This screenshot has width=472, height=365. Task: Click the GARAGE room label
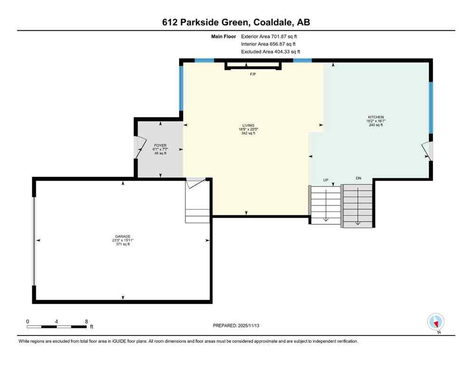(x=123, y=236)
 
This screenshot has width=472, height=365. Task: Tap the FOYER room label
(x=159, y=144)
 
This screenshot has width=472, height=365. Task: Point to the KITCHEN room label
(x=376, y=117)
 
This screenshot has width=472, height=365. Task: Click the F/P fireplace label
(x=253, y=74)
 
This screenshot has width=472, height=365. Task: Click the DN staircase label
(x=358, y=178)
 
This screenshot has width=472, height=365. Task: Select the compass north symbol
(x=436, y=322)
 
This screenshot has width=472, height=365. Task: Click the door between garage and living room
(x=194, y=183)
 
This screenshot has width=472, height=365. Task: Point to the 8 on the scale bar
(x=87, y=321)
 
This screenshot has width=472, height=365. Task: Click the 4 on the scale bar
(x=57, y=321)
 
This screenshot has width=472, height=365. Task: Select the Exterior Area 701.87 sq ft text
(x=270, y=36)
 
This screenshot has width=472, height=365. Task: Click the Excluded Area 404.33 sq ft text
(x=270, y=52)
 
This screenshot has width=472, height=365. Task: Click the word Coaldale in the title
(x=273, y=22)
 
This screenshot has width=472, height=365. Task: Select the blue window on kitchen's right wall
(x=431, y=107)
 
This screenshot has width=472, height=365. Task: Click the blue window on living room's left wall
(x=181, y=88)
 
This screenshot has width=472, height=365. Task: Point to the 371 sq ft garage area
(x=123, y=244)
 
